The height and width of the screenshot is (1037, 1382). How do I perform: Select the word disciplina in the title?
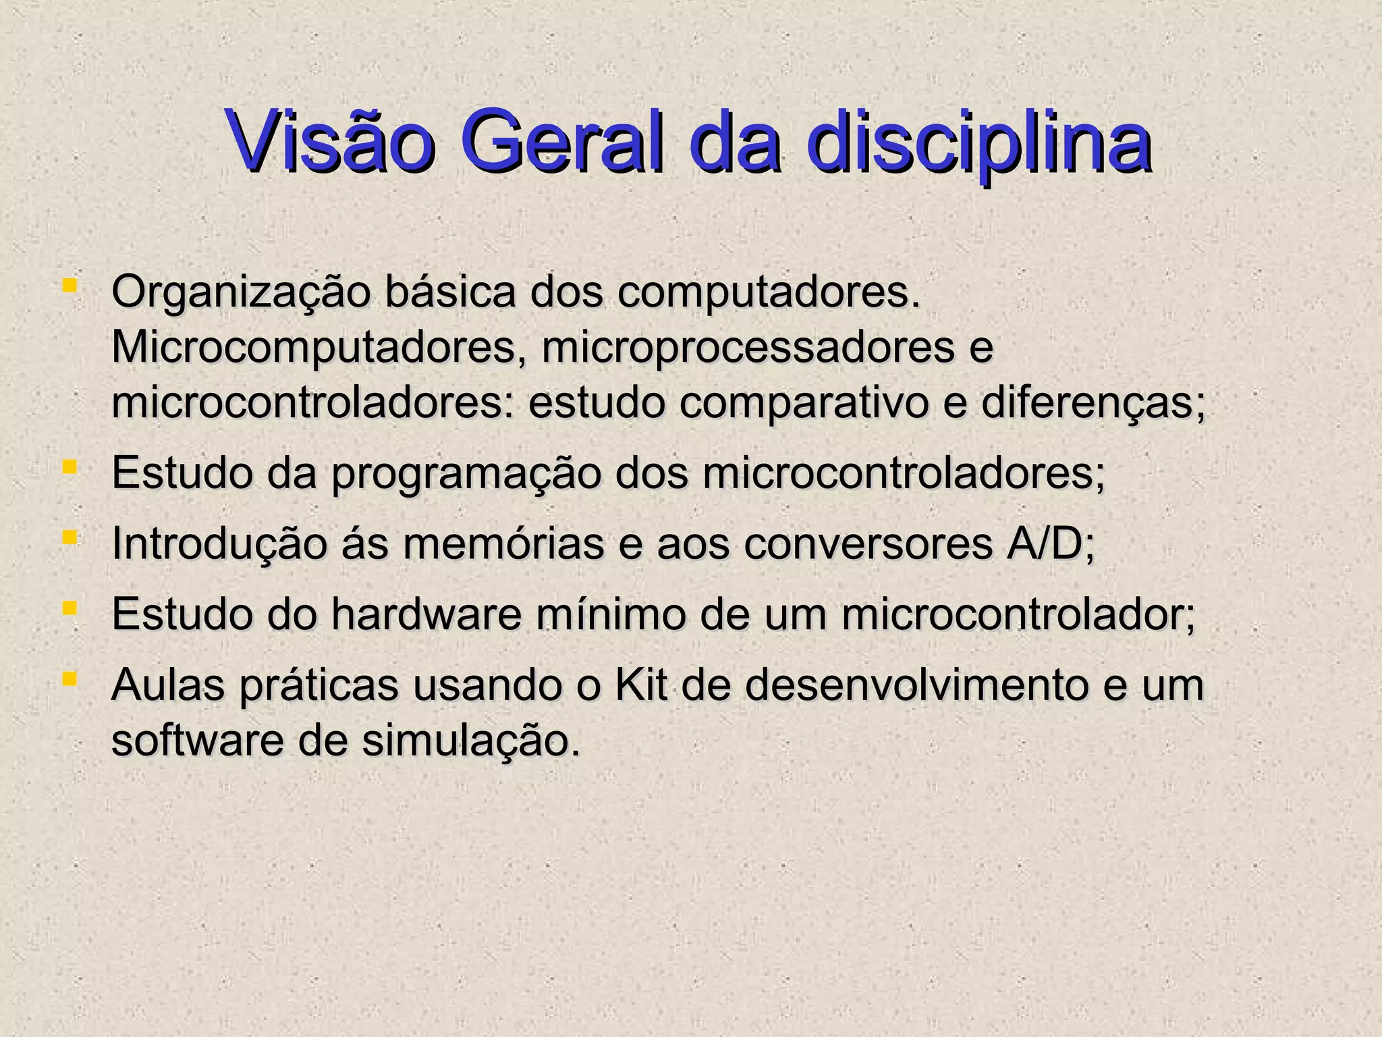pos(978,142)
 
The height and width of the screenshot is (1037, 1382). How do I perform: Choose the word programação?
pos(466,475)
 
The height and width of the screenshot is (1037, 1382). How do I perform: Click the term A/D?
pos(1049,544)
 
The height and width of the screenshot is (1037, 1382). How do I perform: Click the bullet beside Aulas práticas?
pos(69,677)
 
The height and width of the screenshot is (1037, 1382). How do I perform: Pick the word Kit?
pos(641,685)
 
